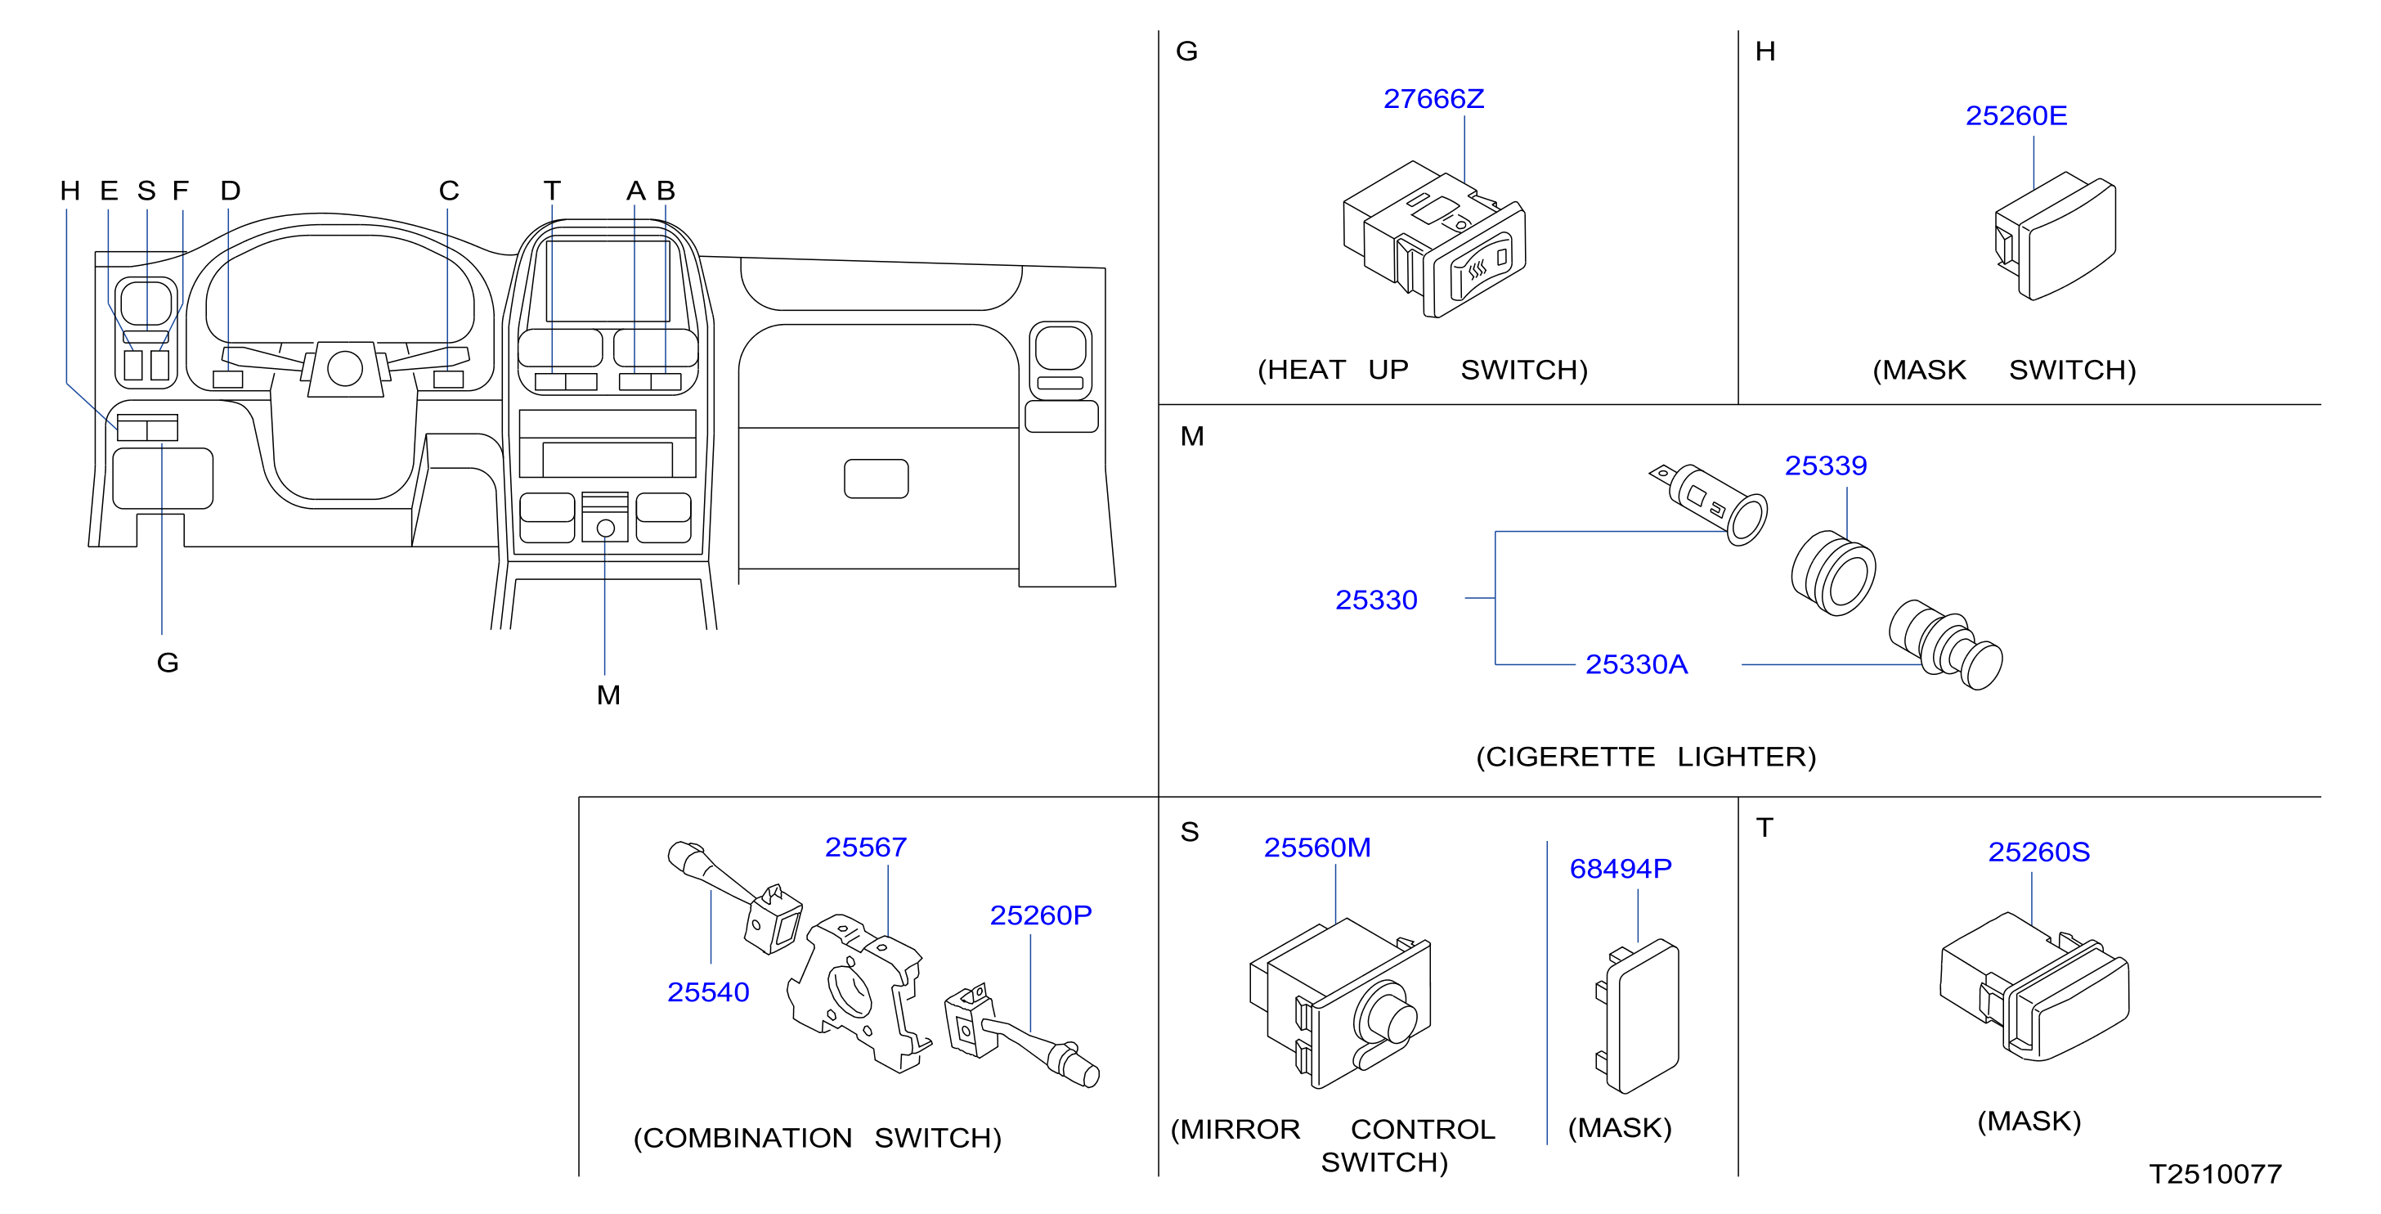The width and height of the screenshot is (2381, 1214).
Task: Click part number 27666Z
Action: (x=1433, y=99)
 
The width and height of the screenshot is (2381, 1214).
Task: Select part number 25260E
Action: (x=2016, y=115)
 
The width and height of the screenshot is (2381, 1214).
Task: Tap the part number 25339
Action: (x=1826, y=465)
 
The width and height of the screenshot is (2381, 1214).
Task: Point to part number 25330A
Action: (x=1636, y=664)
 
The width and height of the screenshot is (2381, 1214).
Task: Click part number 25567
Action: (x=866, y=847)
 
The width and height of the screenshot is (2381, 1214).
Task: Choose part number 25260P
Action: (x=1041, y=915)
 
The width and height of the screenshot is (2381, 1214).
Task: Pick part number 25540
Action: (x=708, y=992)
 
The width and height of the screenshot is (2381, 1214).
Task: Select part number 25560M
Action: (x=1317, y=847)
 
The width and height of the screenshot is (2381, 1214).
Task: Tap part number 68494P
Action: (x=1621, y=868)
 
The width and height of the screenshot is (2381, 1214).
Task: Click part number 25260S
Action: (x=2039, y=852)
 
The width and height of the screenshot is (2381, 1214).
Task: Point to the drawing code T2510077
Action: (x=2216, y=1174)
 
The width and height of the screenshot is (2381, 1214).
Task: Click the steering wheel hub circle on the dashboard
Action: (x=345, y=368)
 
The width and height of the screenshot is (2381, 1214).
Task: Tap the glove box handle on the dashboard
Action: (x=877, y=479)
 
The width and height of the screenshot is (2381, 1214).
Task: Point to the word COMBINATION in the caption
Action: (x=747, y=1138)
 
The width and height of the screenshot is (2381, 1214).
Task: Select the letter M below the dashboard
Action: (x=608, y=695)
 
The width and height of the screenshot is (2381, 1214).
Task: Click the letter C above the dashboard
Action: (x=449, y=191)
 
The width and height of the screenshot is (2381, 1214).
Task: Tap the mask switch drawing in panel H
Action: (x=2055, y=236)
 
